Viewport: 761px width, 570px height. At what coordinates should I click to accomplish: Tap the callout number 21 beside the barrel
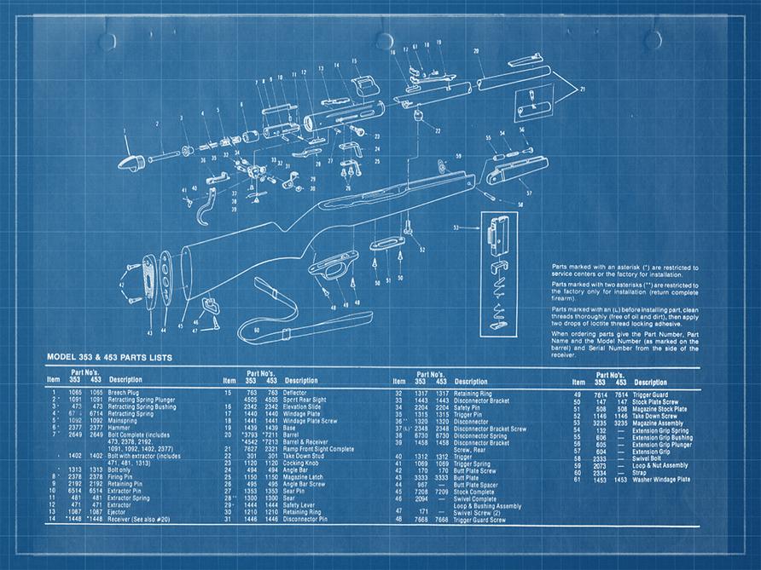[582, 89]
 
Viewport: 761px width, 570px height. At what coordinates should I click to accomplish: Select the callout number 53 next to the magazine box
[456, 227]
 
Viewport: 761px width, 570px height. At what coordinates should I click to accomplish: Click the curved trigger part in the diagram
[206, 204]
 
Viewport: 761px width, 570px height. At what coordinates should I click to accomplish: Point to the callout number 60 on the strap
[257, 329]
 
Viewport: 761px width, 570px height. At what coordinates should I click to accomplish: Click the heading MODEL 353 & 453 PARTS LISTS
[108, 358]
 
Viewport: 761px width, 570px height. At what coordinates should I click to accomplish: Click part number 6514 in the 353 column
[74, 492]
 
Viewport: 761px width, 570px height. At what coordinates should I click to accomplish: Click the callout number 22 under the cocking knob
[438, 132]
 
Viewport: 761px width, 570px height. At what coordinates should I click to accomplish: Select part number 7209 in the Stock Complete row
[441, 492]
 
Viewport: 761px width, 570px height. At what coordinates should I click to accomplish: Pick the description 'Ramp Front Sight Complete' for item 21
[318, 449]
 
